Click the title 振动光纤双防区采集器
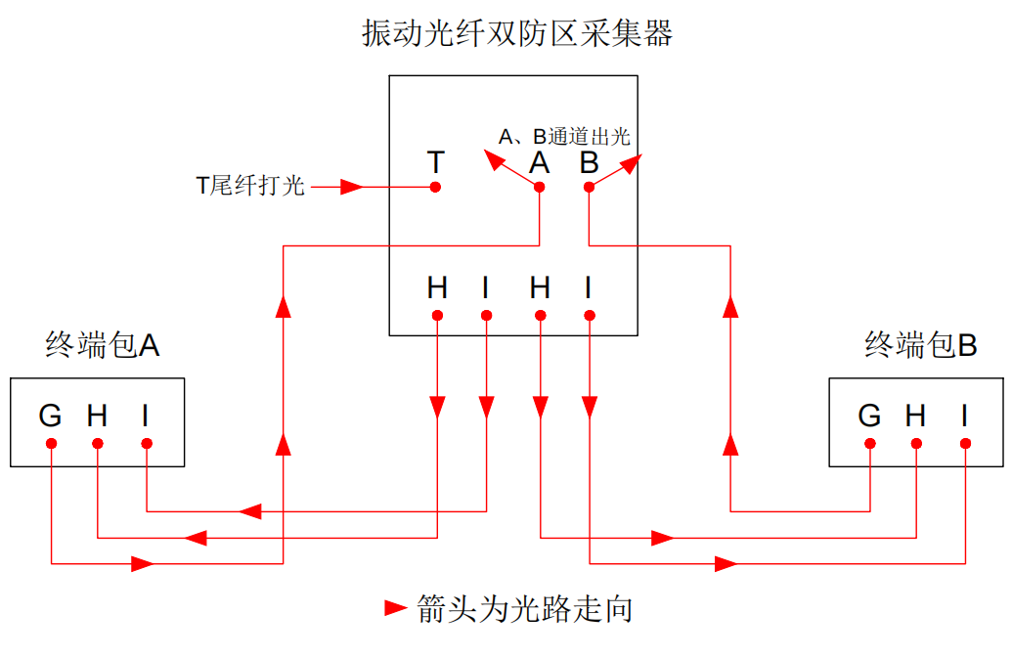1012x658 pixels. click(517, 35)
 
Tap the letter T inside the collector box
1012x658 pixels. click(436, 161)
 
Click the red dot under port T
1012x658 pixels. click(436, 187)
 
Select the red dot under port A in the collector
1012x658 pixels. click(540, 187)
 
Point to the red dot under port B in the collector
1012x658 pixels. click(589, 187)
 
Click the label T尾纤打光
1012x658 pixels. click(251, 186)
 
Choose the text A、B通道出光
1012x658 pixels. click(564, 137)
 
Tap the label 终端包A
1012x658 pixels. click(103, 344)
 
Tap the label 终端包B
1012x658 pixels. click(921, 344)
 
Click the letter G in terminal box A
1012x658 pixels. click(50, 416)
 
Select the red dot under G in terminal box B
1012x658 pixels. click(869, 444)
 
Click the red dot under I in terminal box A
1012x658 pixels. click(146, 444)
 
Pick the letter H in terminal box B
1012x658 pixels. click(915, 416)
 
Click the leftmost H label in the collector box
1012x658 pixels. click(437, 288)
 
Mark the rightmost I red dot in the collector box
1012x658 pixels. click(589, 315)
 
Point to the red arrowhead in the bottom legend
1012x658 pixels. click(395, 608)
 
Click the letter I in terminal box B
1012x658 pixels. click(964, 416)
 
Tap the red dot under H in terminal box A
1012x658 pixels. click(97, 444)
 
